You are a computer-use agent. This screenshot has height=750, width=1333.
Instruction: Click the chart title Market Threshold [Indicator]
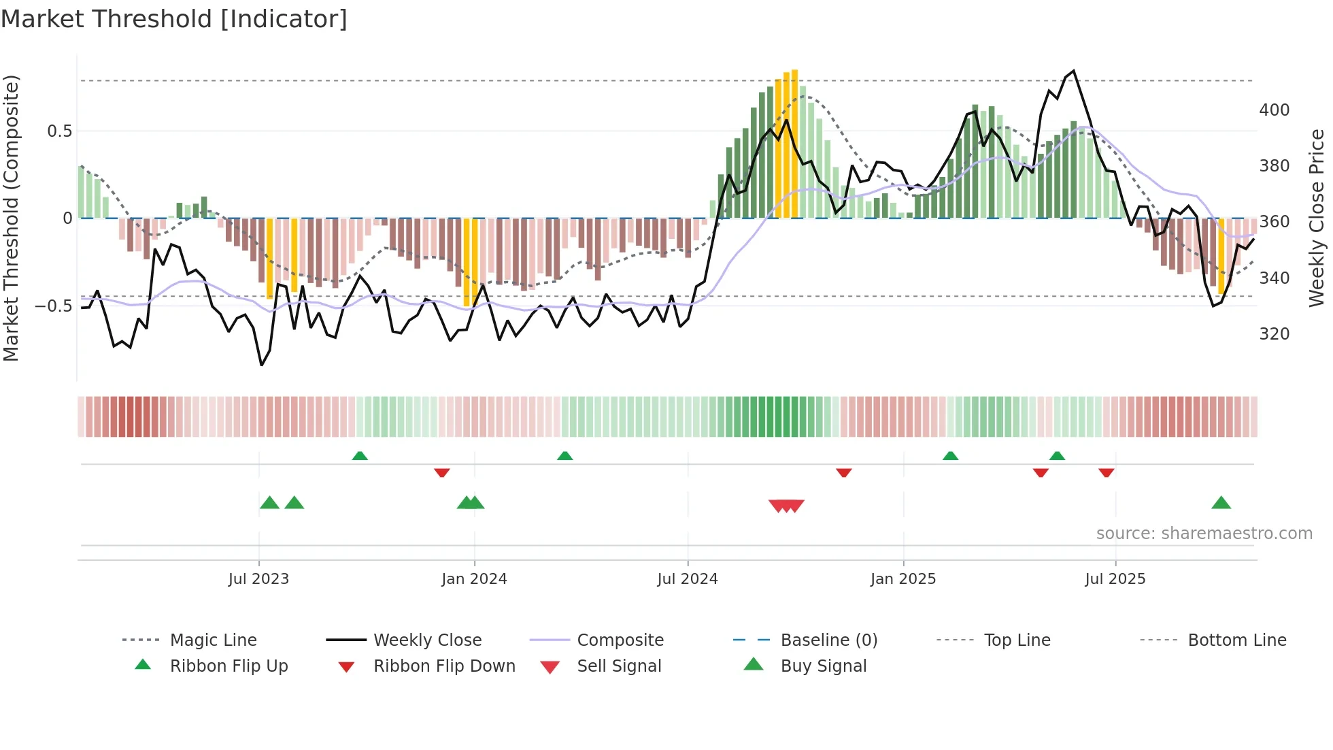click(x=174, y=19)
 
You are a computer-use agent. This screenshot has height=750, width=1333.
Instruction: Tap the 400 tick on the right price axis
click(x=1274, y=110)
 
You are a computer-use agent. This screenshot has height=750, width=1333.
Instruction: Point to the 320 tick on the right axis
click(x=1274, y=334)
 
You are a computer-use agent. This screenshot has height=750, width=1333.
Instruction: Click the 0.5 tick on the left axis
click(x=59, y=131)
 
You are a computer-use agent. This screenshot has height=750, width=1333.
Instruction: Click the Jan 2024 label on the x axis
click(x=474, y=579)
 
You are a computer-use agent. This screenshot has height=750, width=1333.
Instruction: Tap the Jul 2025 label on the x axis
click(x=1115, y=579)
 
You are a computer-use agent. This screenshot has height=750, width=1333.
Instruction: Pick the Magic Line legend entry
click(x=213, y=640)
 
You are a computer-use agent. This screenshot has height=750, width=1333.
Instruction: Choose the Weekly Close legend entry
click(x=427, y=640)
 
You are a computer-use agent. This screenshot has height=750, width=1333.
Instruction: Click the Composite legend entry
click(x=620, y=640)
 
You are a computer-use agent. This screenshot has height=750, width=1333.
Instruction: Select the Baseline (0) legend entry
click(x=828, y=640)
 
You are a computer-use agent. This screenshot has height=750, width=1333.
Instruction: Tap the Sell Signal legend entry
click(x=618, y=666)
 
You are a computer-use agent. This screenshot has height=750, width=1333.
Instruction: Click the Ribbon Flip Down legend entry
click(x=443, y=666)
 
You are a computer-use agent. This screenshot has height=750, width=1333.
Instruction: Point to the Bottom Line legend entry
click(x=1236, y=640)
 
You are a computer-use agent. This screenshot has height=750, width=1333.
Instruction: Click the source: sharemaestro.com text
click(x=1204, y=534)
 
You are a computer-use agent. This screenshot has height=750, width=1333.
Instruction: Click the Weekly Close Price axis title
click(x=1317, y=218)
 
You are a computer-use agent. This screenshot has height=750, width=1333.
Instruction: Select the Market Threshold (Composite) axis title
click(x=11, y=218)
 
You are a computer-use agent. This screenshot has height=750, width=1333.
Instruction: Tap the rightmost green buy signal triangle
click(x=1221, y=503)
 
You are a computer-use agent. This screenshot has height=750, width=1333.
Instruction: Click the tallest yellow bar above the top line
click(x=794, y=143)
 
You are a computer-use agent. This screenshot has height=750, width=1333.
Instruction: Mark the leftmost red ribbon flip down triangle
click(x=442, y=472)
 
